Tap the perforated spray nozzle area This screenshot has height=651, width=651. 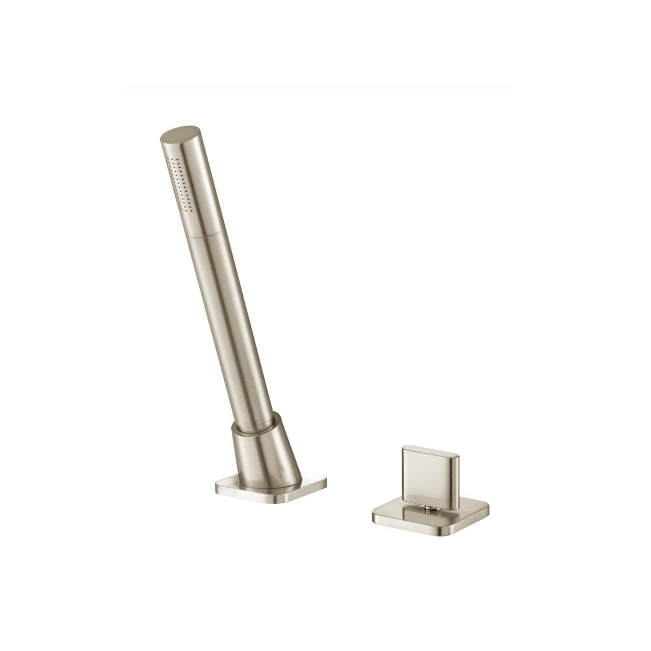(x=180, y=184)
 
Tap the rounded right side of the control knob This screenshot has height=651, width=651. (x=455, y=478)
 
